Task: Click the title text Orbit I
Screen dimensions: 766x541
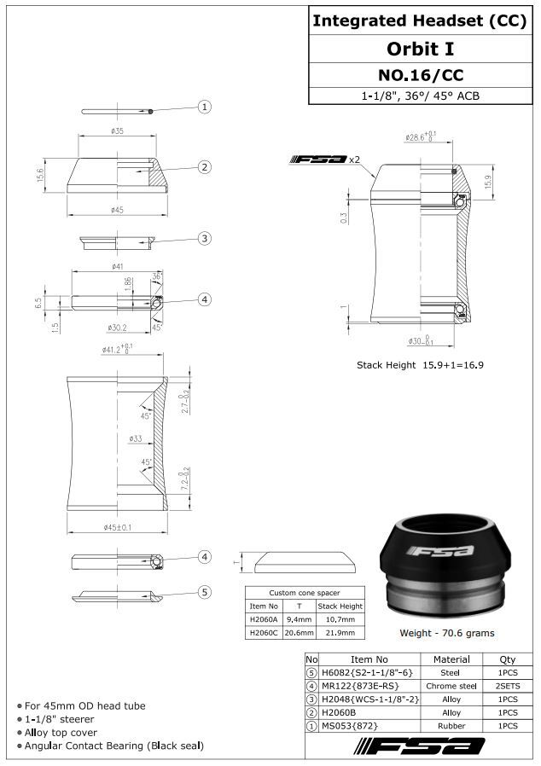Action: coord(419,49)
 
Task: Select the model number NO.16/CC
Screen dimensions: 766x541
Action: coord(419,74)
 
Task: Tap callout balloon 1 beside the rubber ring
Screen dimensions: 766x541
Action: coord(205,107)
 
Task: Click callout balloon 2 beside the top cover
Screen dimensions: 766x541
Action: coord(205,167)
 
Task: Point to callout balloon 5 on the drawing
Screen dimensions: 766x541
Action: coord(205,592)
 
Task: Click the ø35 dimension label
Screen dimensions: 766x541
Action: coord(117,131)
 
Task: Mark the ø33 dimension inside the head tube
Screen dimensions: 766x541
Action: coord(135,439)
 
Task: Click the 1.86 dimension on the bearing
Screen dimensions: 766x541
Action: coord(128,283)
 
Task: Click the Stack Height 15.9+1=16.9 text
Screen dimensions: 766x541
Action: coord(420,365)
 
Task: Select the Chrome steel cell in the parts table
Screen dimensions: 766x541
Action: coord(451,686)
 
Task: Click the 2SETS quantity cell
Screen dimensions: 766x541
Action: coord(506,686)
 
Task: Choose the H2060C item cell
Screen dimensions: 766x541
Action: coord(264,633)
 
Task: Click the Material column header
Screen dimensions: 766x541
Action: coord(451,659)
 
